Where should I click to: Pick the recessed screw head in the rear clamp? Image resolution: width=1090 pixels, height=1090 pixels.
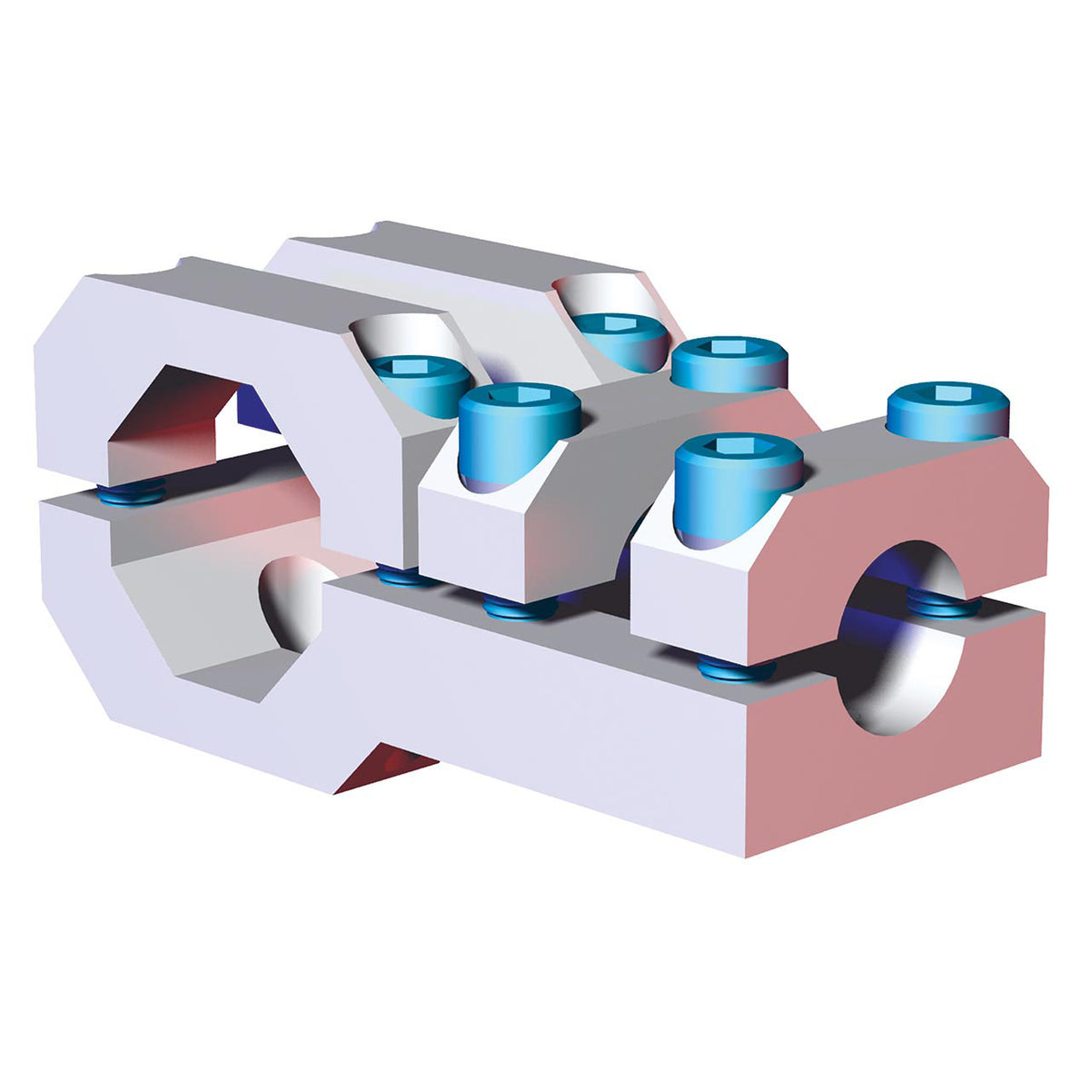coord(622,336)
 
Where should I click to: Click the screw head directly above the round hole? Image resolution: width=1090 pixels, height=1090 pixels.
coord(946,411)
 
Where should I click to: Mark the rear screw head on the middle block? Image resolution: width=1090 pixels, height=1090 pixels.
coord(728,363)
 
